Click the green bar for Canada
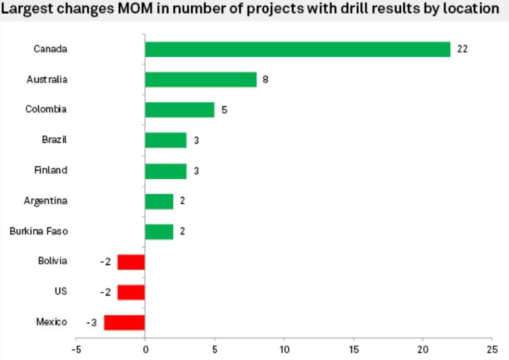(x=297, y=49)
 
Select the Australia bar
(x=200, y=79)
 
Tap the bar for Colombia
(x=179, y=110)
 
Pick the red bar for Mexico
(x=124, y=322)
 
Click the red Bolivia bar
(x=131, y=262)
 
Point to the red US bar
(x=131, y=292)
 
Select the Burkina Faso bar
(x=159, y=232)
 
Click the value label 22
(x=462, y=49)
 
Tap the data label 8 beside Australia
(x=266, y=80)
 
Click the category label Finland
(x=51, y=171)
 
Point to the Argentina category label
(x=46, y=201)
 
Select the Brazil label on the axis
(x=54, y=140)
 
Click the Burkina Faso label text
(x=39, y=231)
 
